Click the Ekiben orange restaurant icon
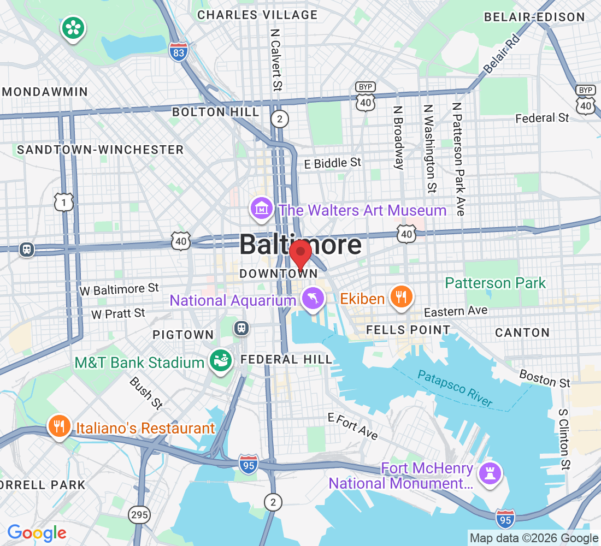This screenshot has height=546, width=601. (x=402, y=297)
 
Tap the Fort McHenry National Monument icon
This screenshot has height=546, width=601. (x=490, y=472)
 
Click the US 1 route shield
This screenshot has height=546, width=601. (x=64, y=201)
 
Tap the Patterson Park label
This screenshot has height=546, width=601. (x=495, y=283)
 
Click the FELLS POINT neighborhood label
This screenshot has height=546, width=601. (x=408, y=330)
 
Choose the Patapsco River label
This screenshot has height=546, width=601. (x=455, y=388)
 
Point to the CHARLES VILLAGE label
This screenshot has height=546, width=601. (x=257, y=15)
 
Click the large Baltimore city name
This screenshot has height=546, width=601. (x=300, y=245)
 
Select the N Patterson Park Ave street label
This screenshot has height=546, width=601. (x=458, y=159)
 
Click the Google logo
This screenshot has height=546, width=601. (x=37, y=532)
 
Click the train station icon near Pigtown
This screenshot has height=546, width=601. (x=241, y=328)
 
